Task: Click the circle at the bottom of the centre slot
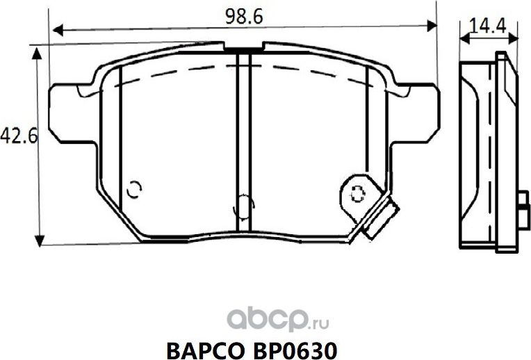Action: pos(243,205)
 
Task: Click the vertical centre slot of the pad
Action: pos(243,139)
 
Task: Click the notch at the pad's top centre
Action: pos(243,51)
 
